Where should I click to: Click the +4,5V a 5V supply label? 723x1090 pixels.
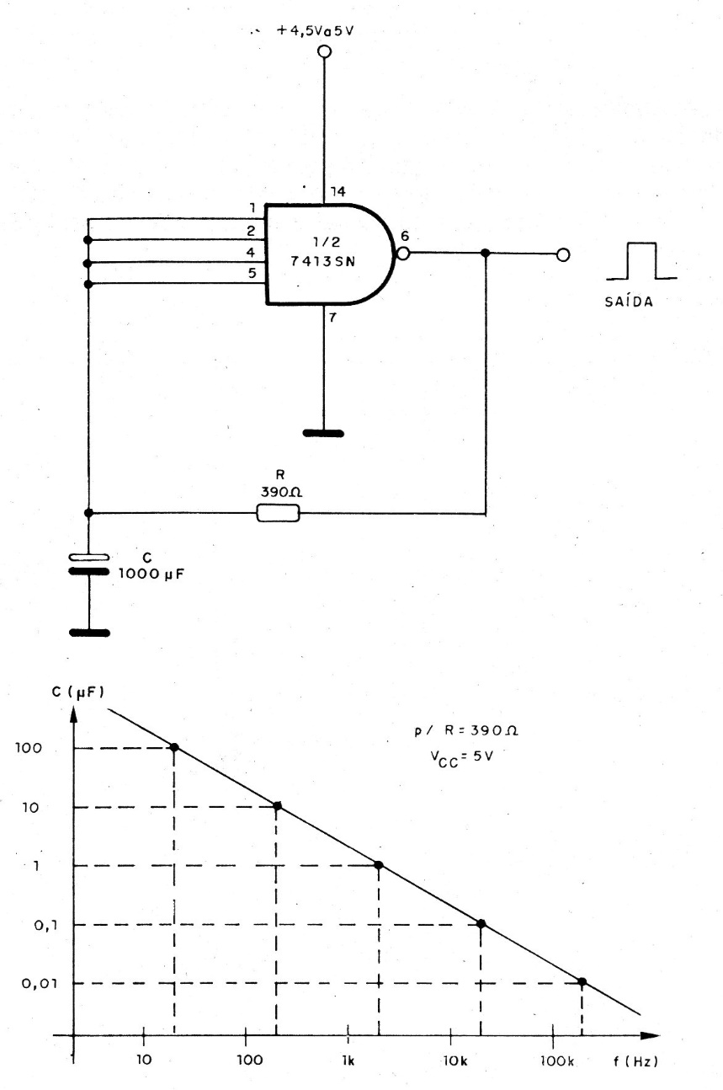[x=315, y=30]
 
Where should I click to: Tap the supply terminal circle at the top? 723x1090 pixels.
[x=324, y=51]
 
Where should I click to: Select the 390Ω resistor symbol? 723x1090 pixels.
[x=278, y=513]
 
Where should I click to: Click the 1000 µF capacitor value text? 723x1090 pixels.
[x=152, y=574]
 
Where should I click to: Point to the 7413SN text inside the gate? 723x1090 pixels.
[x=323, y=261]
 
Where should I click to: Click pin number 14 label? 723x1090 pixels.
[x=338, y=192]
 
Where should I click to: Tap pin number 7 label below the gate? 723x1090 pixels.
[x=332, y=318]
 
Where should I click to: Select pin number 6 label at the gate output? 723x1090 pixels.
[x=405, y=237]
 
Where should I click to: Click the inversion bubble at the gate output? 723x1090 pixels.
[x=403, y=254]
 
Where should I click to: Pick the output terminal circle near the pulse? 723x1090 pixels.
[x=563, y=254]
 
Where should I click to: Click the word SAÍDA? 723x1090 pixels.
[x=629, y=302]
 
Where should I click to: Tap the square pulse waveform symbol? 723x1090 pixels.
[x=641, y=261]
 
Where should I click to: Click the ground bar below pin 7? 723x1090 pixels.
[x=323, y=433]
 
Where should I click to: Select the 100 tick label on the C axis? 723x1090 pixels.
[x=29, y=748]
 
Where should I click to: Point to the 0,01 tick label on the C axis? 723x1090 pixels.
[x=40, y=983]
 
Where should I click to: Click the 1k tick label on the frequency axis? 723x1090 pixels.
[x=348, y=1061]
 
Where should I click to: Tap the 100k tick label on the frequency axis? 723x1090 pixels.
[x=557, y=1061]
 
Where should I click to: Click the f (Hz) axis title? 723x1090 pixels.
[x=635, y=1061]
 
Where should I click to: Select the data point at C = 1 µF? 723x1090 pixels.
[x=379, y=865]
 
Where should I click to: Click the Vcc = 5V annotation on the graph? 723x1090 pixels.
[x=461, y=757]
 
